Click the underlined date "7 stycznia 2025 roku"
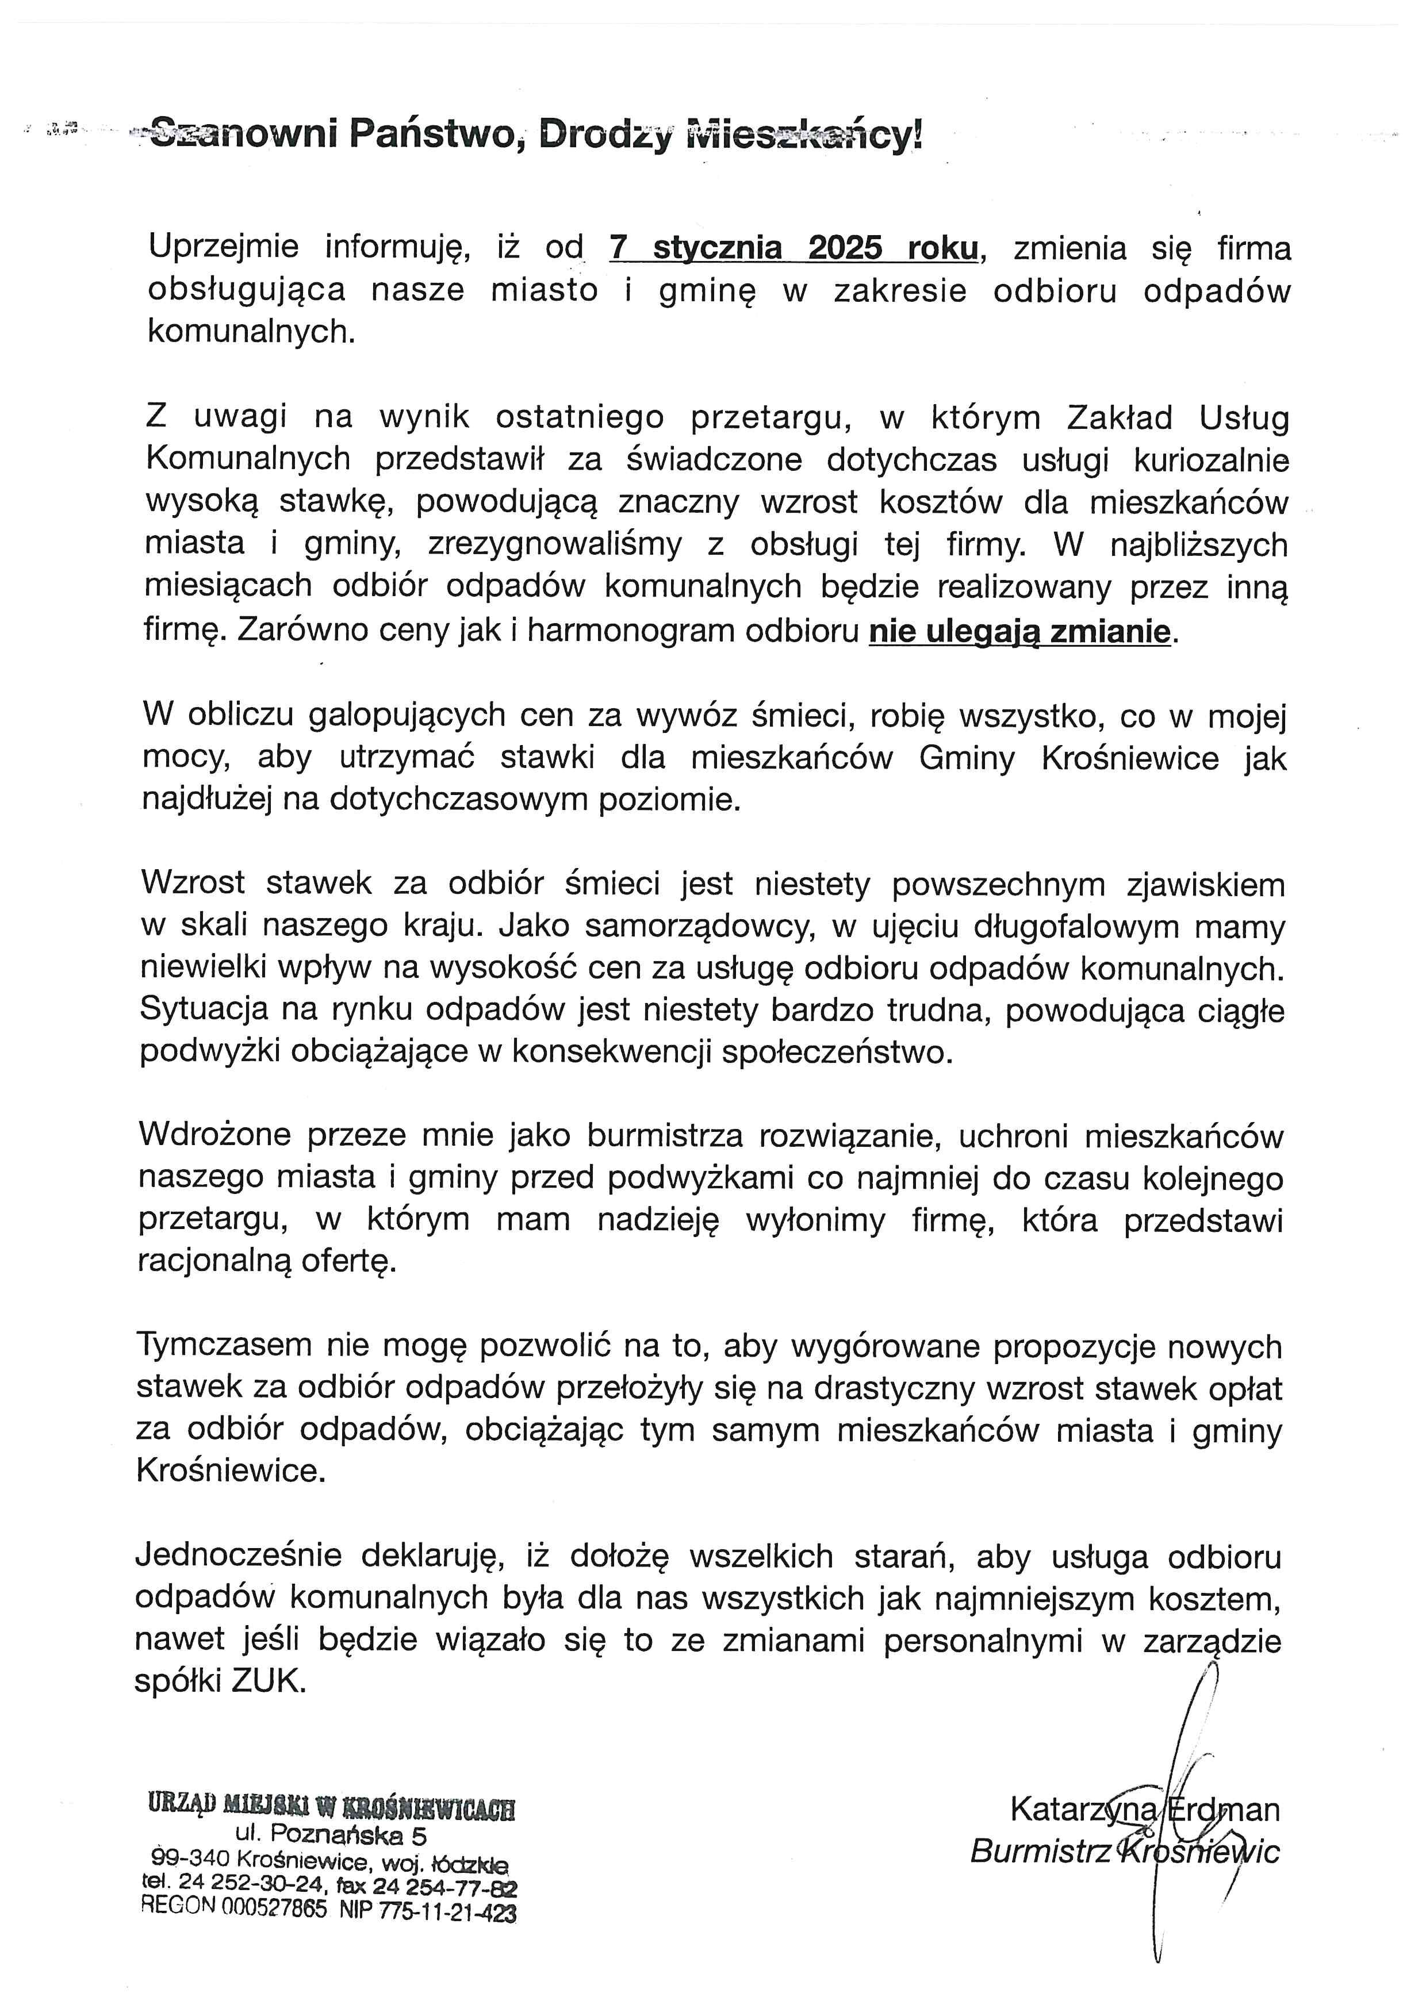[793, 248]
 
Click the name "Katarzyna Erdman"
[1145, 1810]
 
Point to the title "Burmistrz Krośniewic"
[1125, 1852]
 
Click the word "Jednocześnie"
[238, 1556]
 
